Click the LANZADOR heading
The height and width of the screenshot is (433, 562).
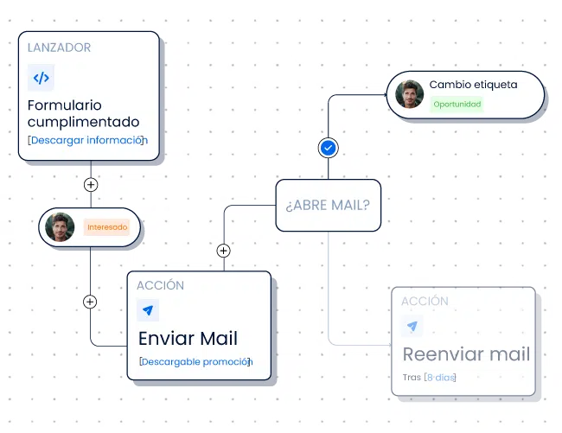tap(59, 48)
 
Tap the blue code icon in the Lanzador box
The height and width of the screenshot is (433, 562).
tap(41, 78)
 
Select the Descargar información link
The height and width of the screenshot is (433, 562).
tap(87, 140)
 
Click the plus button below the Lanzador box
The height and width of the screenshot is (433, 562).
tap(91, 184)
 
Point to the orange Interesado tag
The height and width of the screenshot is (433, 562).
tap(107, 227)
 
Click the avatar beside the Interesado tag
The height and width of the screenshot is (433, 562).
tap(60, 227)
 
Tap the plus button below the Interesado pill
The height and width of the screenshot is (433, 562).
tap(90, 302)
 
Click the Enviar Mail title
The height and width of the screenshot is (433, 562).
tap(188, 339)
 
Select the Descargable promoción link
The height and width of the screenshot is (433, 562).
tap(195, 362)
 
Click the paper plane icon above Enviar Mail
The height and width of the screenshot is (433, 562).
tap(148, 309)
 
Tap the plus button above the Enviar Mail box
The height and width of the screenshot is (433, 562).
tap(224, 251)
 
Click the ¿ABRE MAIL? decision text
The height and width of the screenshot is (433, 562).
tap(328, 205)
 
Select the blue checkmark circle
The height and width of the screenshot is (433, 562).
tap(328, 148)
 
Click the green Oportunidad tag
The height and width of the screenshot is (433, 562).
tap(457, 105)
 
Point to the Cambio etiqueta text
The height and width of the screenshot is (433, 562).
tap(474, 85)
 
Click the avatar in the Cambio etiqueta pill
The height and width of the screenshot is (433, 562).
tap(409, 94)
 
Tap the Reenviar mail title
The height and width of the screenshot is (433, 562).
tap(466, 354)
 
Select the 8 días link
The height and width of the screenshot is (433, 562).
tap(440, 378)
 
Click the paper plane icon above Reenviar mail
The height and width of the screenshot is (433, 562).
tap(412, 326)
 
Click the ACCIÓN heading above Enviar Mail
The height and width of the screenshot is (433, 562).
tap(160, 285)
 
